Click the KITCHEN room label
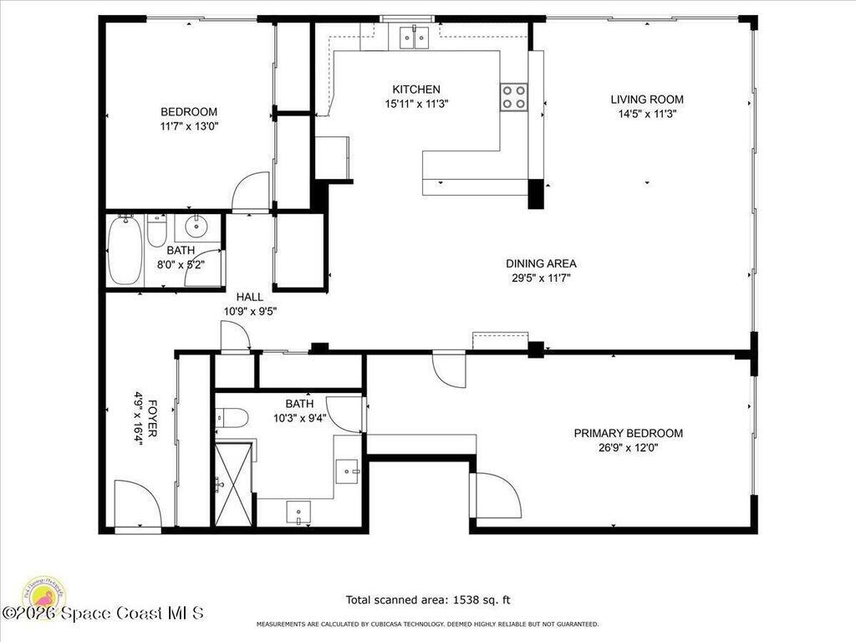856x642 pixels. pos(416,89)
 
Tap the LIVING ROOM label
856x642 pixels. pos(646,99)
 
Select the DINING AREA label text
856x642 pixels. pos(541,263)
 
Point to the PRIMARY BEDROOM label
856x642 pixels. pos(628,433)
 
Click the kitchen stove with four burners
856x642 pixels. pos(514,97)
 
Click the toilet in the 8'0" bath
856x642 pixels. pos(156,230)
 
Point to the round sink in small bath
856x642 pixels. pos(198,226)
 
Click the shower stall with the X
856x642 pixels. pos(234,485)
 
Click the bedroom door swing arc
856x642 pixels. pos(251,192)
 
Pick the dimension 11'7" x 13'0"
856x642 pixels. pos(189,126)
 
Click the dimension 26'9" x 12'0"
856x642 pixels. pos(628,447)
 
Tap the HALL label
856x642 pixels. pos(249,297)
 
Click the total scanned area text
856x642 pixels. pos(428,599)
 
